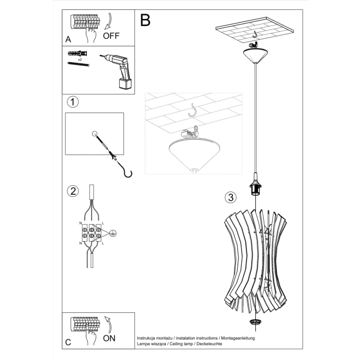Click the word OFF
(112, 36)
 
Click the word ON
(109, 338)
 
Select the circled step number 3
(229, 197)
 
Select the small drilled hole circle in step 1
(95, 134)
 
